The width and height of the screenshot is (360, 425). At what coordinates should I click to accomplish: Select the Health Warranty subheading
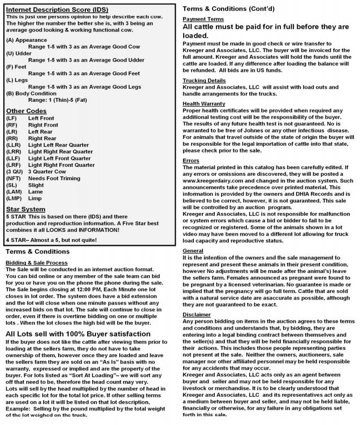click(x=205, y=103)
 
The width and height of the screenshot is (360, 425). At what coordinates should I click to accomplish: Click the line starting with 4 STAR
click(x=51, y=240)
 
